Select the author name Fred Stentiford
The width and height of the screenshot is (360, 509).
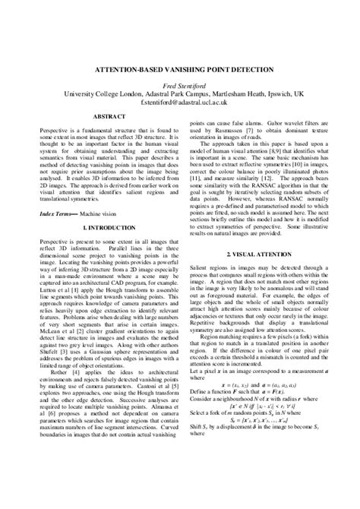[x=180, y=84]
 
